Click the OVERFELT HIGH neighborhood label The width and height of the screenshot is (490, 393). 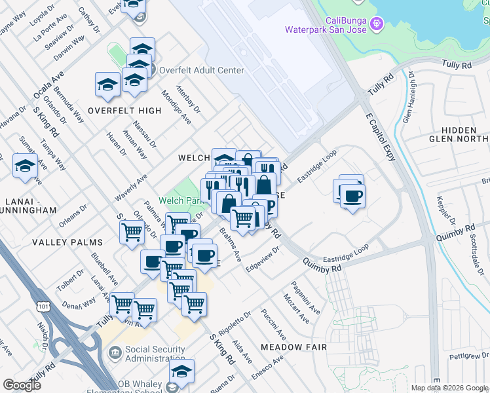[124, 111]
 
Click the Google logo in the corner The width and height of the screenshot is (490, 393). [22, 384]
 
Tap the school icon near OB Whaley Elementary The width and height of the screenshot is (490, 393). [182, 371]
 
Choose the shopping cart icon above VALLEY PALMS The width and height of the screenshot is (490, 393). [132, 232]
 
